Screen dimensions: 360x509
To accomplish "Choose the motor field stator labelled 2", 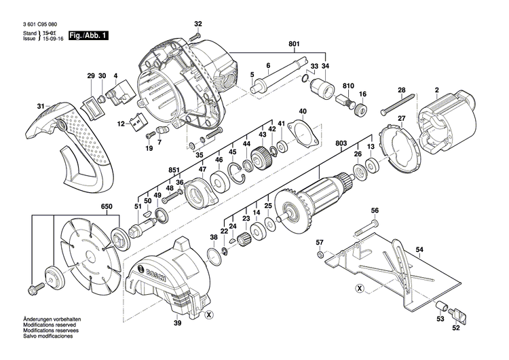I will click(x=445, y=126).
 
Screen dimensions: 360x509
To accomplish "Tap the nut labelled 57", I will click(x=319, y=256).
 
